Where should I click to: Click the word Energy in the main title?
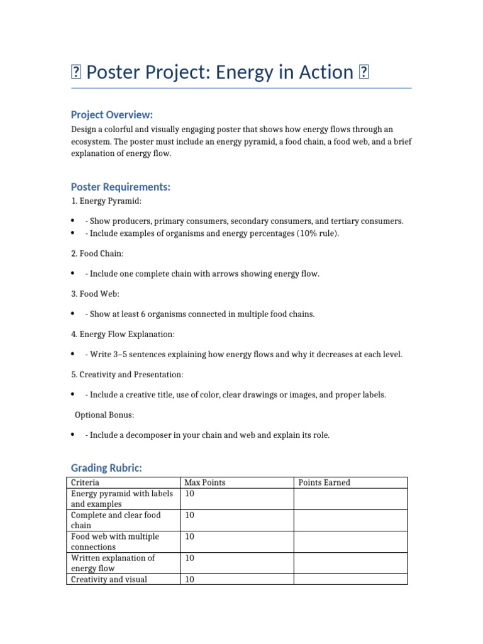click(x=245, y=72)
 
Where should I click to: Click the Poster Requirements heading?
click(x=121, y=187)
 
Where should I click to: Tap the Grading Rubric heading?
click(x=106, y=468)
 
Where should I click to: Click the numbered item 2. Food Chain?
click(x=97, y=253)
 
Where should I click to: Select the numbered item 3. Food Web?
click(x=95, y=294)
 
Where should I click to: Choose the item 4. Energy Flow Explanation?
click(x=123, y=334)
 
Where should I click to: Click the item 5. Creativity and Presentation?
click(x=127, y=374)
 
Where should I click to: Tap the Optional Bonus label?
click(x=104, y=414)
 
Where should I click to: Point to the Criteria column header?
click(x=85, y=482)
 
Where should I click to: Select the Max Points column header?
click(x=204, y=482)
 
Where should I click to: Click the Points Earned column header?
click(x=324, y=482)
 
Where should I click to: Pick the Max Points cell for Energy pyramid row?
click(x=189, y=494)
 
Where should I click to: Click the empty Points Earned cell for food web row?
click(x=350, y=541)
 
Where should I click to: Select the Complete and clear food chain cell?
click(x=116, y=520)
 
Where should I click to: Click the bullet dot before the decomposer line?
click(x=74, y=435)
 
